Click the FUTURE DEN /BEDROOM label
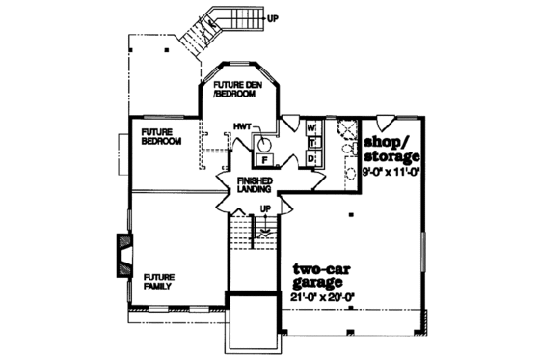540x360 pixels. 238,94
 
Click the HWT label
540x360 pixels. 241,126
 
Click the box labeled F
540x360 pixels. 264,158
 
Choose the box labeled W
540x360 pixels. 312,127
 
